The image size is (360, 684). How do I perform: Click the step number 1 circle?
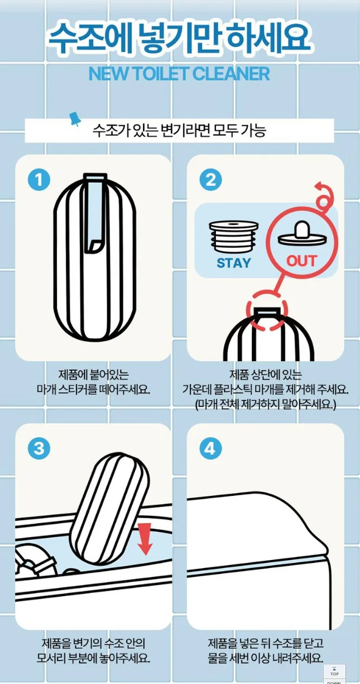coord(39,180)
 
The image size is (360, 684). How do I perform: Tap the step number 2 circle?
coord(210,180)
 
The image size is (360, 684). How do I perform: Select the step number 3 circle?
coord(39,449)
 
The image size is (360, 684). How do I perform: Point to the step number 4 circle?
coord(210,449)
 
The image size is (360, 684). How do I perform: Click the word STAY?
coord(234,263)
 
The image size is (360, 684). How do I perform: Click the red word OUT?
coord(300,261)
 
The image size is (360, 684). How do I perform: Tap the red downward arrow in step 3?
coord(145,539)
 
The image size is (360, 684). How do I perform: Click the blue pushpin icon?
coord(74,119)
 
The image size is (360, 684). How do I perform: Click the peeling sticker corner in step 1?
coord(95,246)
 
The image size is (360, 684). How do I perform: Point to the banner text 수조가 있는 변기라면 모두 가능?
coord(179,130)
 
